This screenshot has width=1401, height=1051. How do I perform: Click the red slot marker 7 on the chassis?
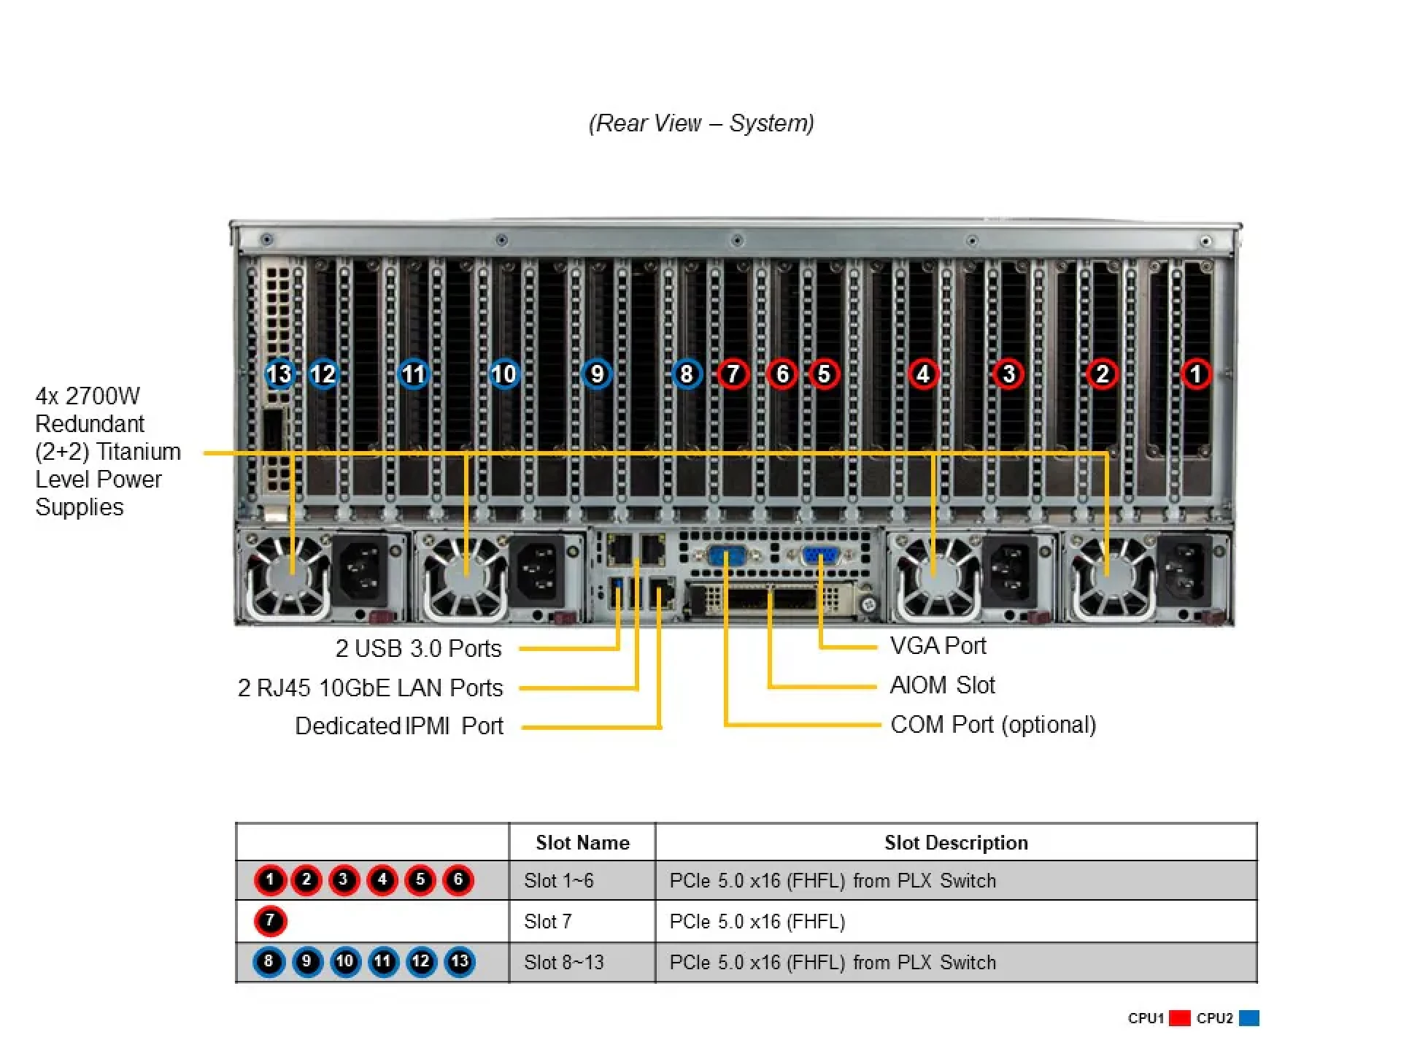pyautogui.click(x=733, y=374)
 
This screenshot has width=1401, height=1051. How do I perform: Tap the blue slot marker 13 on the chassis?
pyautogui.click(x=279, y=374)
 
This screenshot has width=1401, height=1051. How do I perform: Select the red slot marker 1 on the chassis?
pyautogui.click(x=1196, y=374)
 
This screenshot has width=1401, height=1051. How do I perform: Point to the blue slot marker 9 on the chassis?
pyautogui.click(x=597, y=374)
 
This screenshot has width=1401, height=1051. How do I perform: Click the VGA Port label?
pyautogui.click(x=938, y=646)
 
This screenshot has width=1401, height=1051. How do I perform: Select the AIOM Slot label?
pyautogui.click(x=942, y=685)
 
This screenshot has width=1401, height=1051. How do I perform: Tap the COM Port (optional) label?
pyautogui.click(x=993, y=725)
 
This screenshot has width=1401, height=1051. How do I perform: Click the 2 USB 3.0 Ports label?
pyautogui.click(x=418, y=648)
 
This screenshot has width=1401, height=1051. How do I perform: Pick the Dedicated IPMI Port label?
pyautogui.click(x=399, y=726)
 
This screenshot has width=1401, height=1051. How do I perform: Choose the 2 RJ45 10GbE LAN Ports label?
pyautogui.click(x=370, y=688)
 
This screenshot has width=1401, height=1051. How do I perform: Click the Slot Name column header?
pyautogui.click(x=582, y=843)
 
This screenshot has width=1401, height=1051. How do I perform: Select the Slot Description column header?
pyautogui.click(x=956, y=843)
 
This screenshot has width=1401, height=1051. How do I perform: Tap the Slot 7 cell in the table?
pyautogui.click(x=547, y=922)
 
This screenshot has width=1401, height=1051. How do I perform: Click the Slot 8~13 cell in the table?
pyautogui.click(x=563, y=963)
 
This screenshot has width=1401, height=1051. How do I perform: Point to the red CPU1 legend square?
pyautogui.click(x=1179, y=1018)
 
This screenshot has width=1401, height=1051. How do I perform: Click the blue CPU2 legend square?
pyautogui.click(x=1249, y=1018)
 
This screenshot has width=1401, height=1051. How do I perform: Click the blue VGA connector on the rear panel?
pyautogui.click(x=821, y=557)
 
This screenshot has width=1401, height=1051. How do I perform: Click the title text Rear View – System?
pyautogui.click(x=701, y=123)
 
